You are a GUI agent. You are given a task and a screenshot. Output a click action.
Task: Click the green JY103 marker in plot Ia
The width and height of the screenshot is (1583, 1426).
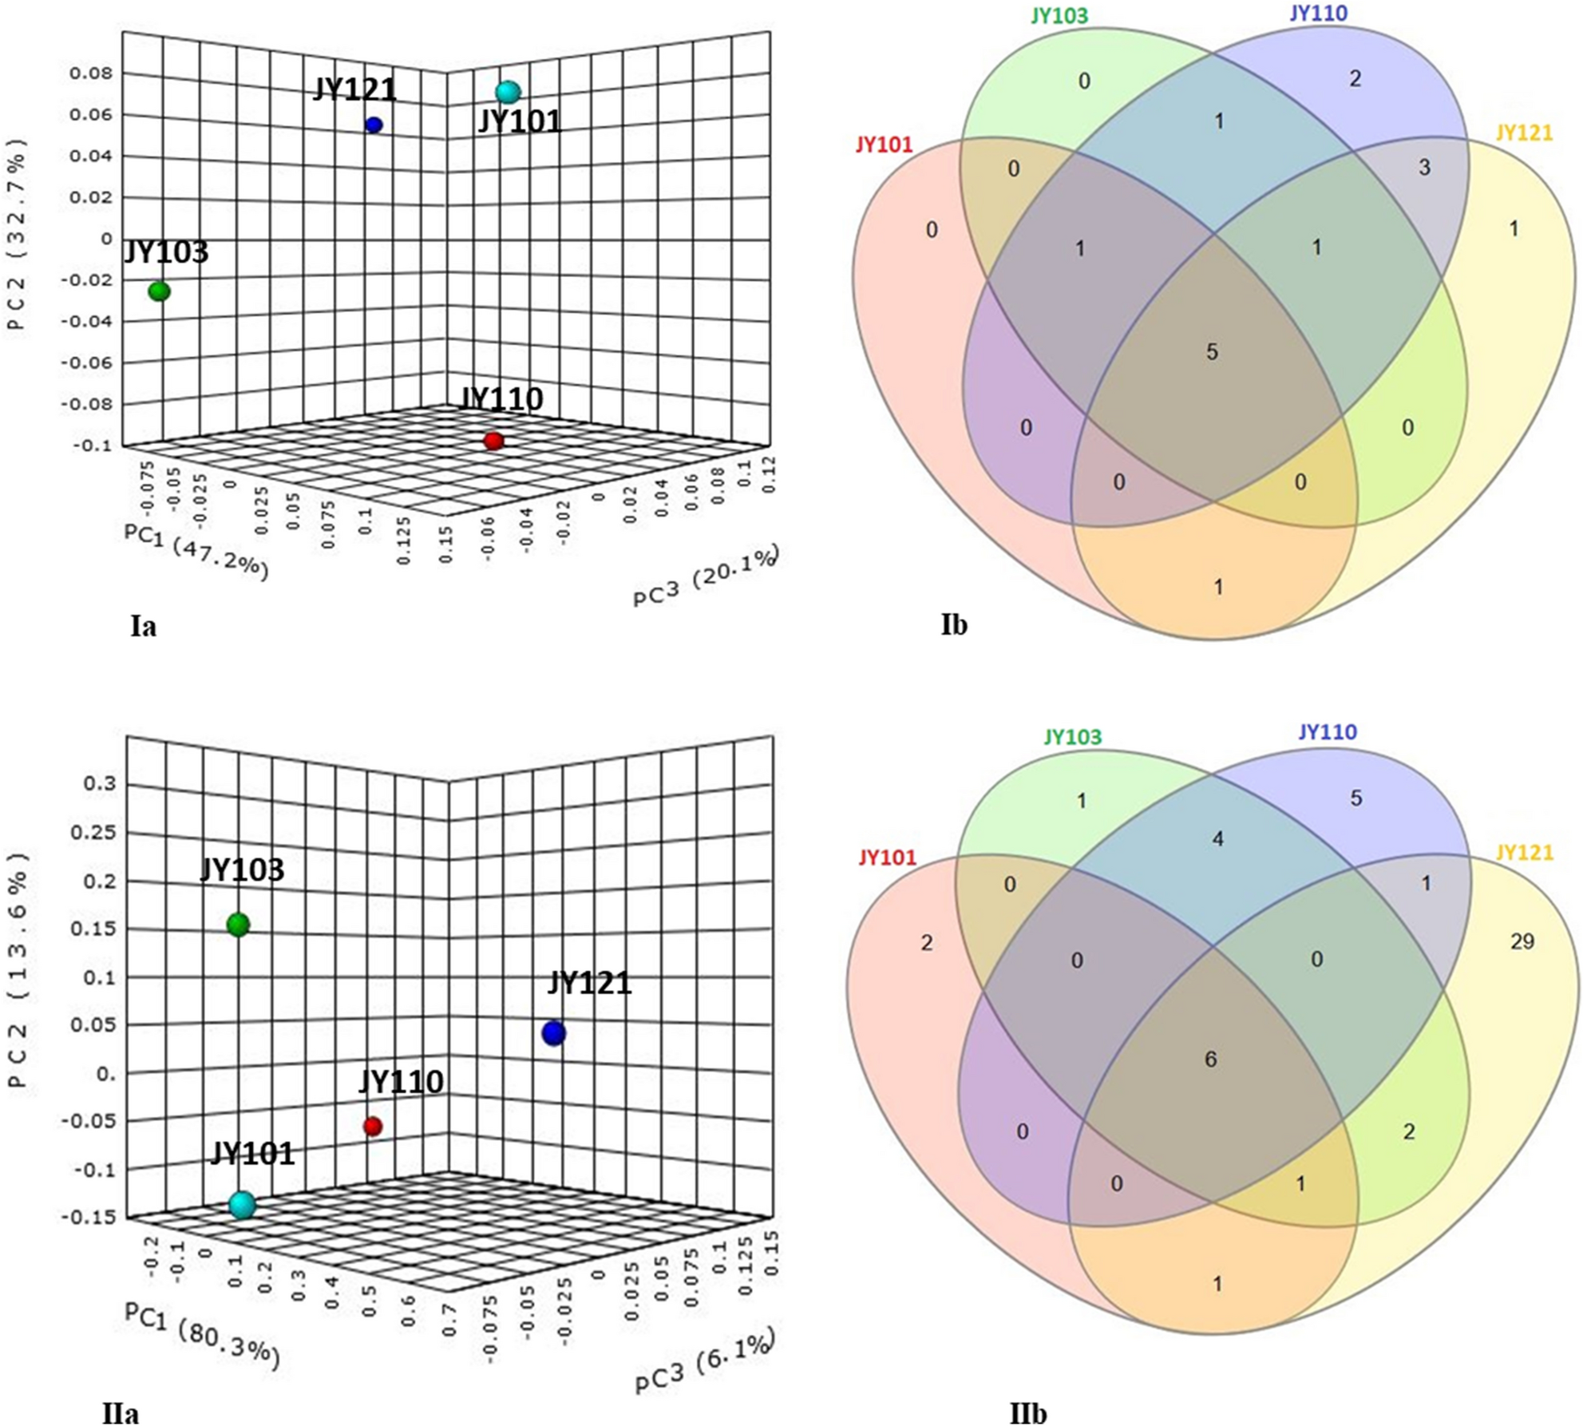(x=160, y=291)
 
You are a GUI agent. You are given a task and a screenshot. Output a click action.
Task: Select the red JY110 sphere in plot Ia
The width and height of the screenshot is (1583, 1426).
(x=493, y=441)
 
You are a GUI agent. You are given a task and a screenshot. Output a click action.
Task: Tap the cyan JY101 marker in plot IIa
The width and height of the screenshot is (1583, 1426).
(x=242, y=1205)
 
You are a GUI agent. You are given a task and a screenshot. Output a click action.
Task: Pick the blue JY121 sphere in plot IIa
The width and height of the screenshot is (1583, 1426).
(x=554, y=1033)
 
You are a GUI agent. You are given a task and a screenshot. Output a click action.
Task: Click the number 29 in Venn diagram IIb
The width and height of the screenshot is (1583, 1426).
(x=1522, y=941)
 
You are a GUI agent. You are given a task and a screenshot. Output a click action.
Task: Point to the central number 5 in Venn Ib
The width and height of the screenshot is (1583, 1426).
(x=1212, y=352)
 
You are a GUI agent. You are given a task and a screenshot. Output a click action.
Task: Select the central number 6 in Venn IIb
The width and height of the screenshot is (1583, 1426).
(x=1210, y=1060)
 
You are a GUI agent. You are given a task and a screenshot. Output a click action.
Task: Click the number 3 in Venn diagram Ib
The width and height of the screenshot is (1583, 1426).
(x=1425, y=168)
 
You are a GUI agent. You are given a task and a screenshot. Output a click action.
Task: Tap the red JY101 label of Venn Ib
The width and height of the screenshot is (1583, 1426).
(x=884, y=145)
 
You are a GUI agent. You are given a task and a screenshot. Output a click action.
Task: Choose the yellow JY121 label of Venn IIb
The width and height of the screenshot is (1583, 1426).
(x=1525, y=853)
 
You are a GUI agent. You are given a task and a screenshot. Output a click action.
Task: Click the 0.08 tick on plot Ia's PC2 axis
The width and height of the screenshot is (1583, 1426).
(x=91, y=73)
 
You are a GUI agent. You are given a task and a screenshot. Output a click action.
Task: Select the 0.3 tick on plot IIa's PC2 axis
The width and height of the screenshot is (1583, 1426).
(x=100, y=784)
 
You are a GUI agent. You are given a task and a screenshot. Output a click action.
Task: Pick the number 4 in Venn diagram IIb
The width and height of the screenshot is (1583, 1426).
(x=1218, y=839)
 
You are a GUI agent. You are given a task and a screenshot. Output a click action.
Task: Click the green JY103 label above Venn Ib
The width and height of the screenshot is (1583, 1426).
(x=1059, y=16)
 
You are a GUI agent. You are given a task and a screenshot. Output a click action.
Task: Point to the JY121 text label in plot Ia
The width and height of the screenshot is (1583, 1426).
(x=355, y=89)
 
